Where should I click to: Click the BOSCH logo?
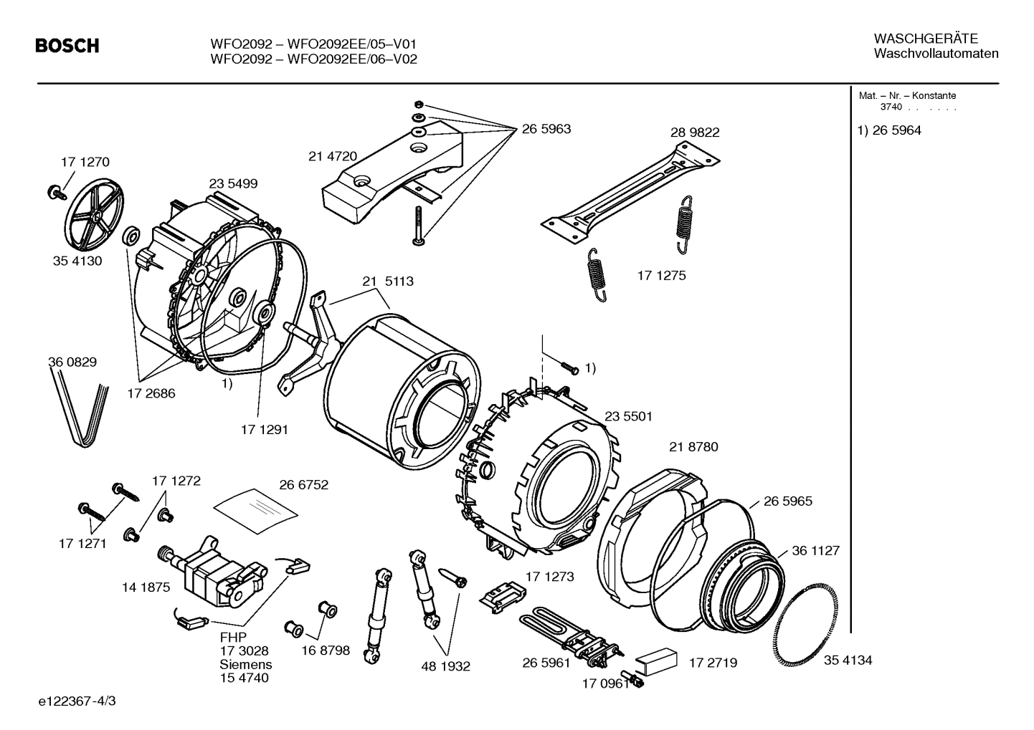coord(67,47)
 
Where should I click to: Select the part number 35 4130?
coord(77,261)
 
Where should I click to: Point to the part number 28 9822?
coord(695,133)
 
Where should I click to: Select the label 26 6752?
coord(303,485)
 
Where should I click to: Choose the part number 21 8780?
coord(693,447)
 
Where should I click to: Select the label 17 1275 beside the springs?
coord(661,275)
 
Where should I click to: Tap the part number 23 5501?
coord(628,416)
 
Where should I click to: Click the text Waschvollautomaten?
coord(936,54)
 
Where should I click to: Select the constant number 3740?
coord(891,107)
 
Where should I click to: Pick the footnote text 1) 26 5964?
coord(889,130)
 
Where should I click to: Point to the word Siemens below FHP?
coord(245,664)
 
